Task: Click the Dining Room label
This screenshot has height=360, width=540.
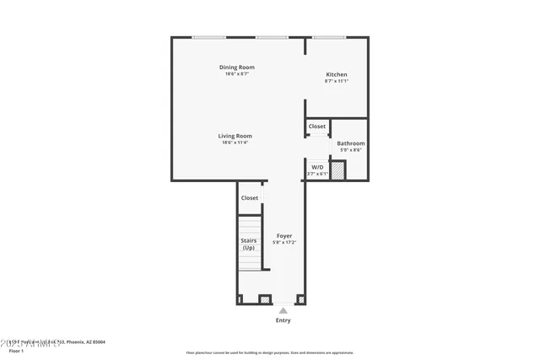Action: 236,67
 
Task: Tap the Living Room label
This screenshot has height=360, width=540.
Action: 236,136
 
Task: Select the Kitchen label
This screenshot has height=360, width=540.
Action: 337,74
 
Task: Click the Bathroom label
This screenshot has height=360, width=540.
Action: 350,143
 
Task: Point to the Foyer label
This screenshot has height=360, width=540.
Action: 284,235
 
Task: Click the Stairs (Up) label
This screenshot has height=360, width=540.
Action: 249,244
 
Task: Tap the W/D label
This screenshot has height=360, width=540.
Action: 317,168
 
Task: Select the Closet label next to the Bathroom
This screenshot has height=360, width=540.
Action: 317,126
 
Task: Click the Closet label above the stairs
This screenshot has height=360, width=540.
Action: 250,198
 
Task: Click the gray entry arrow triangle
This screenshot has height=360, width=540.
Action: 283,310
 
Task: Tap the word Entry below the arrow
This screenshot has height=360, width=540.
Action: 283,320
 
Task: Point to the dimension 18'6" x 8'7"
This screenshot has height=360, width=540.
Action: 236,74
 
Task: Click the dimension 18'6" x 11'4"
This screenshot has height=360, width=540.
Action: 236,142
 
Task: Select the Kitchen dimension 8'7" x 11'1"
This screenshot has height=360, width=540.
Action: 337,81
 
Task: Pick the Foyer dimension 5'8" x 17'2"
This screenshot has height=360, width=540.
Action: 284,242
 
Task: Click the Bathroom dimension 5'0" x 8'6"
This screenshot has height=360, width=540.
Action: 350,150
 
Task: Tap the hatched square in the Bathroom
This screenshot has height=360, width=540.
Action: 337,171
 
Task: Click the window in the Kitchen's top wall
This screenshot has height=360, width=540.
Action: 329,37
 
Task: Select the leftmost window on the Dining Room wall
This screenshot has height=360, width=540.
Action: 208,37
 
